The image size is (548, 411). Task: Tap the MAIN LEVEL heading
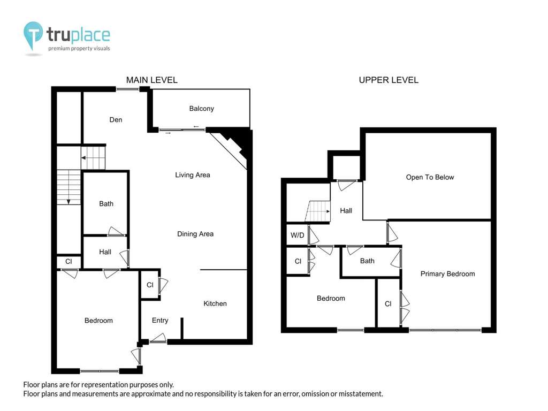click(151, 80)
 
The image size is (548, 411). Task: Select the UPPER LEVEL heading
click(389, 80)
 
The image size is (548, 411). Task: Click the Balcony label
click(201, 108)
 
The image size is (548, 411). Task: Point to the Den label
click(116, 119)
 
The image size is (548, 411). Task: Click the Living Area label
click(193, 175)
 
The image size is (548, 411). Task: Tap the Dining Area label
click(195, 234)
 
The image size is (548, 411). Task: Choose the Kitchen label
click(215, 303)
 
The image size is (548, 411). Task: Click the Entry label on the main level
click(160, 320)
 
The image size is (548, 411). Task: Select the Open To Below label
click(430, 177)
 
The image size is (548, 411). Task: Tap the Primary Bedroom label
click(447, 273)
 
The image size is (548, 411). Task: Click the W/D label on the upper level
click(297, 235)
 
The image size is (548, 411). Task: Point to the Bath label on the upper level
click(367, 261)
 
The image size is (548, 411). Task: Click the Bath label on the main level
click(106, 203)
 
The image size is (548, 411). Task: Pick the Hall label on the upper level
click(346, 210)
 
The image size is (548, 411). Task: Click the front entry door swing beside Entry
click(158, 338)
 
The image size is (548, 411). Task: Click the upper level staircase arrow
click(328, 211)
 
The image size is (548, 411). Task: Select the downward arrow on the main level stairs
click(68, 202)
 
